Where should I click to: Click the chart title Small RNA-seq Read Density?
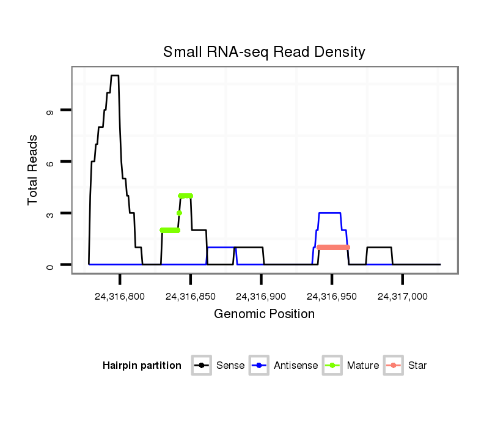(x=264, y=52)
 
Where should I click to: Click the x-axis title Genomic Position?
(x=264, y=314)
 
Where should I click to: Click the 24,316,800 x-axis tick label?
(x=120, y=297)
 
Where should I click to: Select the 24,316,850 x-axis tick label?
(x=190, y=297)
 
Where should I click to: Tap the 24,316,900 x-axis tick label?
(x=261, y=297)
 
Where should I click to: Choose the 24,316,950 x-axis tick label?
(x=331, y=297)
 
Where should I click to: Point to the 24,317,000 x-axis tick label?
(x=402, y=297)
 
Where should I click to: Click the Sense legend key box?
(x=202, y=366)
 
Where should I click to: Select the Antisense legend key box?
(x=260, y=366)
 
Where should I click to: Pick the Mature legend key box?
(x=332, y=366)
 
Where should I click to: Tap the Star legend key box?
(x=394, y=366)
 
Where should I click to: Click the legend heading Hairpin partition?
(x=142, y=366)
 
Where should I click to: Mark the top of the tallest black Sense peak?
(x=114, y=75)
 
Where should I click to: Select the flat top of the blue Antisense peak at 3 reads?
(x=330, y=213)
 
